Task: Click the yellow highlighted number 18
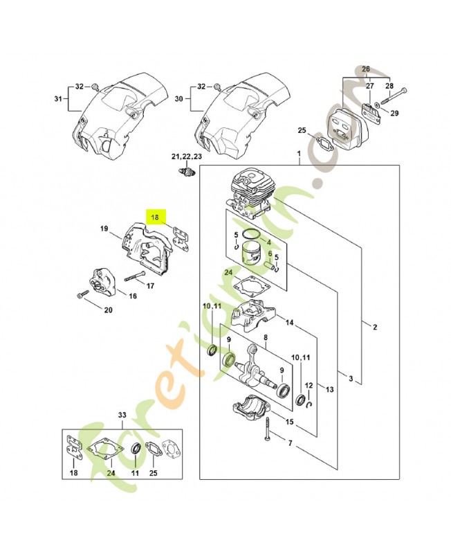(155, 217)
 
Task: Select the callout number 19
(104, 229)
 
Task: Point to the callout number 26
(366, 69)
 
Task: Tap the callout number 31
(58, 99)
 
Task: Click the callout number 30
(179, 99)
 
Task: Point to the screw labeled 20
(82, 294)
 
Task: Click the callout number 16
(132, 296)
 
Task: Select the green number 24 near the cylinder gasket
(229, 272)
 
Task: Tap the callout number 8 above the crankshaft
(266, 338)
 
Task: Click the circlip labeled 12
(309, 404)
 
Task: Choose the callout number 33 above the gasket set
(122, 415)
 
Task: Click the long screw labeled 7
(268, 429)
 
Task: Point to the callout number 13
(329, 389)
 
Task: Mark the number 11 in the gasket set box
(135, 473)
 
